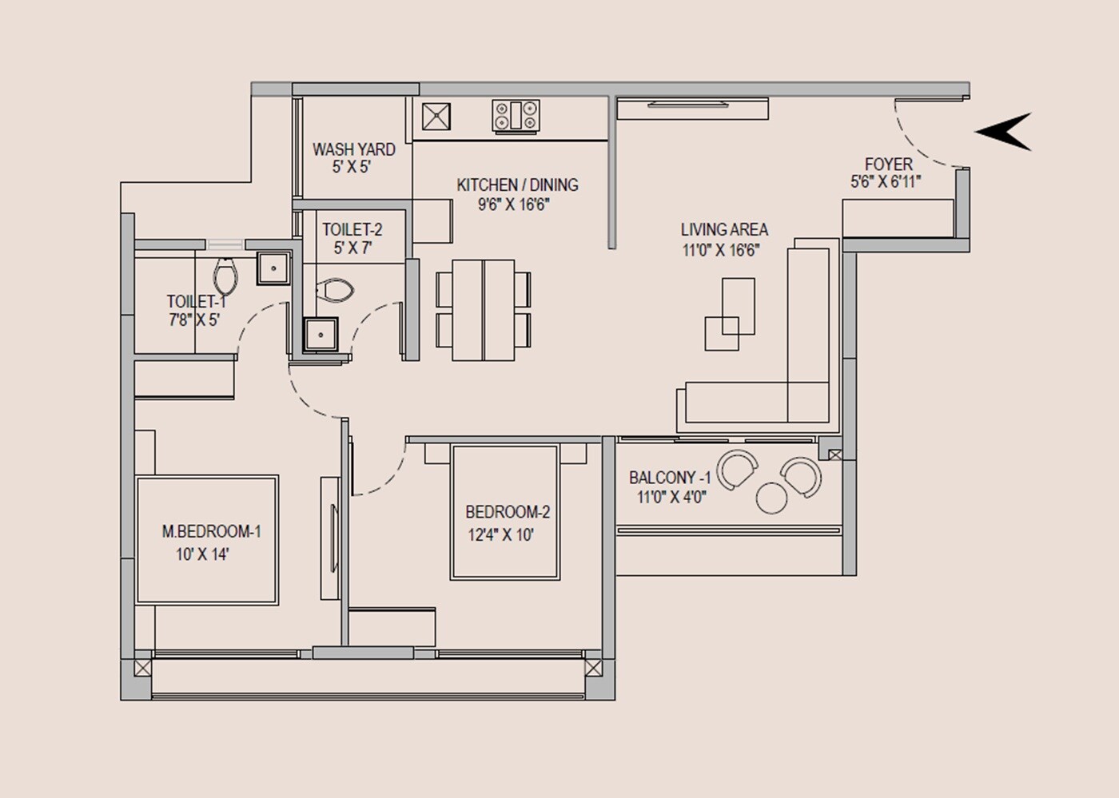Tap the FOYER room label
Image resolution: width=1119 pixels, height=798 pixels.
pyautogui.click(x=888, y=164)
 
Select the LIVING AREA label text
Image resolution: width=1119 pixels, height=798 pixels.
pyautogui.click(x=723, y=230)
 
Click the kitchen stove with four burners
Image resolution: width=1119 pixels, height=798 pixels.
pyautogui.click(x=516, y=115)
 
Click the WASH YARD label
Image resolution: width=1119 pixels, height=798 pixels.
pyautogui.click(x=353, y=149)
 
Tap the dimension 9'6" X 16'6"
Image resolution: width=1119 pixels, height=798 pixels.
pyautogui.click(x=514, y=204)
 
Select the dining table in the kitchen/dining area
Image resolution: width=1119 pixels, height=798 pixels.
pyautogui.click(x=483, y=309)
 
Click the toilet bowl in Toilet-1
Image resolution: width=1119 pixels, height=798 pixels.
pyautogui.click(x=226, y=276)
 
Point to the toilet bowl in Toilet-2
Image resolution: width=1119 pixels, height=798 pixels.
pyautogui.click(x=335, y=291)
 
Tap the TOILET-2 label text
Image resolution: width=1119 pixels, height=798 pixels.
pyautogui.click(x=352, y=230)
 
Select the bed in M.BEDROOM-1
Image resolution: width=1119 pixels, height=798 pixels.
pyautogui.click(x=207, y=540)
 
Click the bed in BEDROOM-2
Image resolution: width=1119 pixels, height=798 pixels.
pyautogui.click(x=504, y=512)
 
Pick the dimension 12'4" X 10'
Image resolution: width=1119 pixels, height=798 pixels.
pyautogui.click(x=500, y=535)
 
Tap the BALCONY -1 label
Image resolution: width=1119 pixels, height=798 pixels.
pyautogui.click(x=669, y=478)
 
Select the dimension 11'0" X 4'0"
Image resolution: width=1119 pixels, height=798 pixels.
pyautogui.click(x=671, y=498)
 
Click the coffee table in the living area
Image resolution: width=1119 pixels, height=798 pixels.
pyautogui.click(x=730, y=314)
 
